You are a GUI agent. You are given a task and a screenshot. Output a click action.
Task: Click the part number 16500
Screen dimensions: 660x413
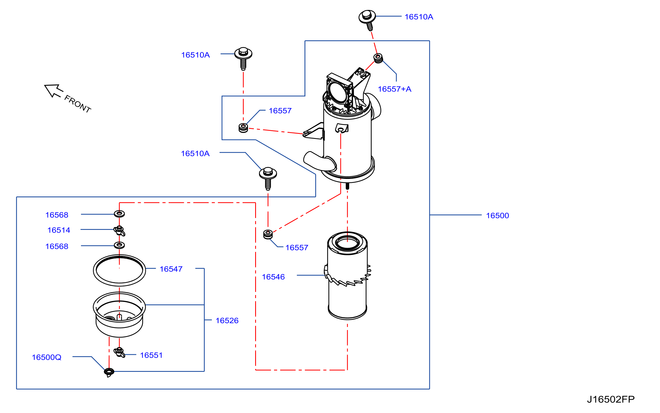point(497,215)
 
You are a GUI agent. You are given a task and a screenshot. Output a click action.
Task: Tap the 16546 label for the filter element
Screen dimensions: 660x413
point(273,277)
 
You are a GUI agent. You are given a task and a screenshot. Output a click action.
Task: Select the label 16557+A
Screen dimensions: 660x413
point(394,89)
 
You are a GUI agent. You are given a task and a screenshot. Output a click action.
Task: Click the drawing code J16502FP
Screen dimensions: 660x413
point(611,399)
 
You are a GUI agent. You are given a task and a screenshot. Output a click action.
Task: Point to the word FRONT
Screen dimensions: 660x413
point(78,104)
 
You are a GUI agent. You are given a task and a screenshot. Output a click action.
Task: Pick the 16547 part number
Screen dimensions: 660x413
point(171,269)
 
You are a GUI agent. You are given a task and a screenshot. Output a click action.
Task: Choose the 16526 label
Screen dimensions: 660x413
point(227,321)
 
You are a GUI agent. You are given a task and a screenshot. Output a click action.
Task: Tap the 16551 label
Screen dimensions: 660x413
point(151,355)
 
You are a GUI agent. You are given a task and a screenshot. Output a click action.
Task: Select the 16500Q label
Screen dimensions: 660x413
point(46,357)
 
